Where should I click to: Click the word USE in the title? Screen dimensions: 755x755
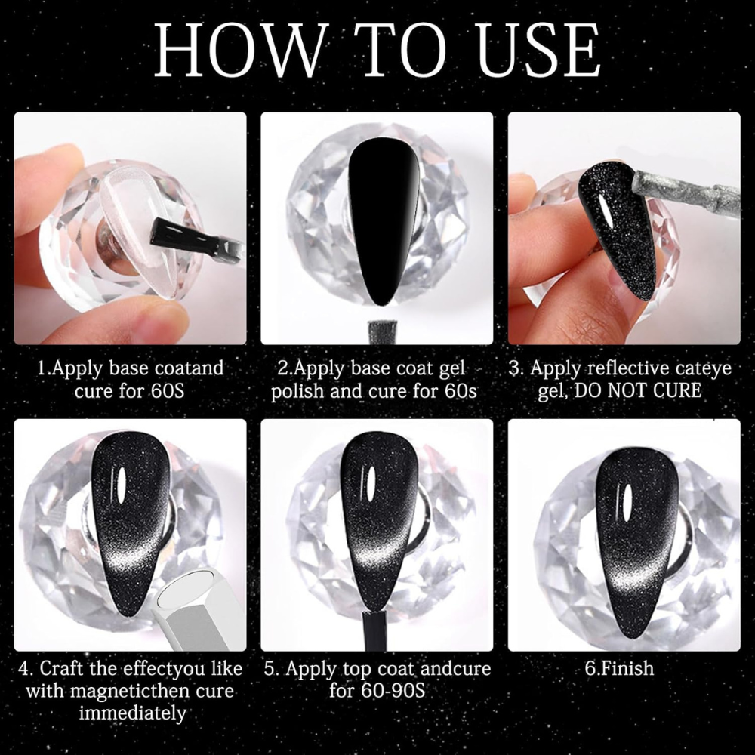coord(539,50)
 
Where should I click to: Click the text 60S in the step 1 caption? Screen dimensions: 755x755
coord(167,390)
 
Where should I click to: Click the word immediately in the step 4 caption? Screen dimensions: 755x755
coord(132,713)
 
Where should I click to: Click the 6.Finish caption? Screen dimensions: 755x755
coord(619,668)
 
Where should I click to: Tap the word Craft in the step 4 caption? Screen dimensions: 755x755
coord(62,668)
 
